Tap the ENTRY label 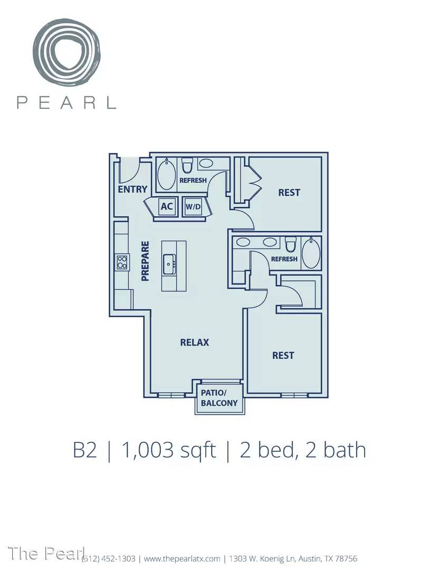tap(132, 189)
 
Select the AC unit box tap(167, 206)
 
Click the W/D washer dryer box tap(193, 207)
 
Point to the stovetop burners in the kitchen tap(122, 262)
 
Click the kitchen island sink tap(169, 264)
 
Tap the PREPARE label tap(145, 261)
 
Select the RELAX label tap(194, 342)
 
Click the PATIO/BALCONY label tap(219, 398)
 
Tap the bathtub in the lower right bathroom tap(311, 253)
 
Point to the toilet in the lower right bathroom tap(290, 244)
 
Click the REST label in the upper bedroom tap(289, 192)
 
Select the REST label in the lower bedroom tap(283, 355)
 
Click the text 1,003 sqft tap(169, 450)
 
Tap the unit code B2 tap(85, 450)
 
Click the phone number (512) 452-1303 tap(109, 558)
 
